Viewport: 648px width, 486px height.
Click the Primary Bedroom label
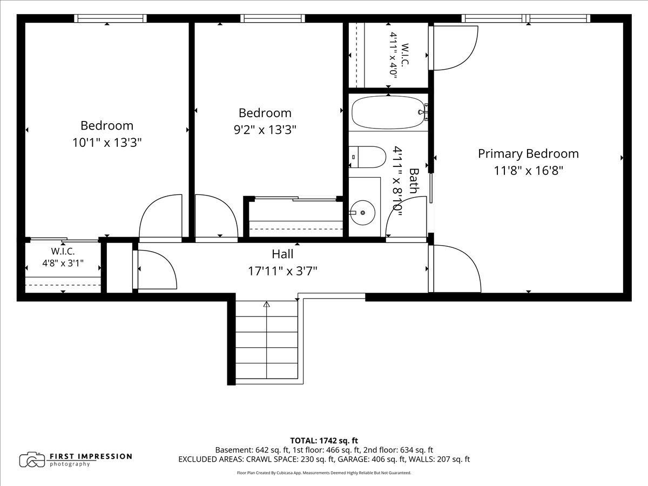pos(528,154)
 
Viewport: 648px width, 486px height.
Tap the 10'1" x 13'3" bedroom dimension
pos(107,143)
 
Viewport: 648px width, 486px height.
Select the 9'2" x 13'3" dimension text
pos(265,130)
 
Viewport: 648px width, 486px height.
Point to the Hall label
pos(282,254)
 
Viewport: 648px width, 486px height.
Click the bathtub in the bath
pos(389,112)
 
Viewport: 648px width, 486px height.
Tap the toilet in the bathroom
pos(367,157)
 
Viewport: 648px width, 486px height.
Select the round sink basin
pos(363,212)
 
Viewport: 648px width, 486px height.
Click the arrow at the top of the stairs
pos(267,304)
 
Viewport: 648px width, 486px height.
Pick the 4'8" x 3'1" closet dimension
pos(63,263)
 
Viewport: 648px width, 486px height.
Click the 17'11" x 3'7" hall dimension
pos(282,271)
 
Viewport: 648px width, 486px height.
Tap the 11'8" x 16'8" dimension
pos(529,171)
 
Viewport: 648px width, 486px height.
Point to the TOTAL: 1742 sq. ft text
pos(324,441)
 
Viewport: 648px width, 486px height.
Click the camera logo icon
pos(32,460)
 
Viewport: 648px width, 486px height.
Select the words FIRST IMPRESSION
pos(91,456)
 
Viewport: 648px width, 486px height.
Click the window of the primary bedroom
pos(526,18)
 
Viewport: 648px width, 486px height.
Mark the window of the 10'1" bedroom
pos(110,18)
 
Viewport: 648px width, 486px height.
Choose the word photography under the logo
pos(70,464)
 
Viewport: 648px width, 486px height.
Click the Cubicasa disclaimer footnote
pos(324,473)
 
